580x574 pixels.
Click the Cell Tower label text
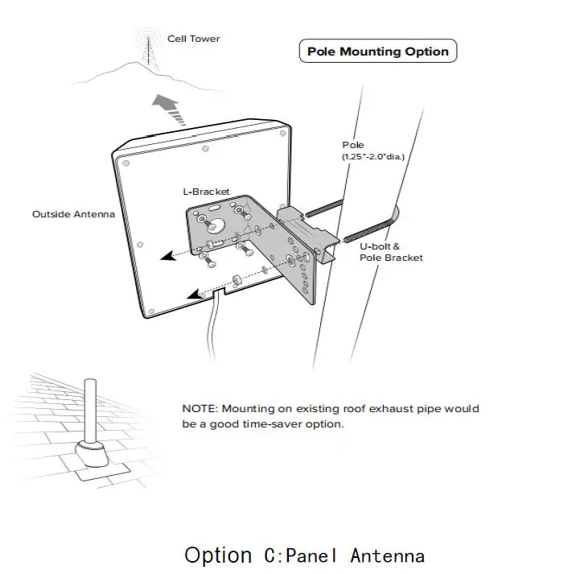(193, 39)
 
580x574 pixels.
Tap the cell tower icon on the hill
(147, 50)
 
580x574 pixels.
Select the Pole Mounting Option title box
(377, 52)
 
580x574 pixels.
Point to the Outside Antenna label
(73, 214)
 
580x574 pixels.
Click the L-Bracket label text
(206, 192)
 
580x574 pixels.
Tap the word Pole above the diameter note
(352, 145)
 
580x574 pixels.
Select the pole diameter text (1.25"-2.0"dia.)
(373, 156)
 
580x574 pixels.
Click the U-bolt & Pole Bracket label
(391, 252)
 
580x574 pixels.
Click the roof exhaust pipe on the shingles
(89, 411)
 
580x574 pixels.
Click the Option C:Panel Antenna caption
(304, 555)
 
